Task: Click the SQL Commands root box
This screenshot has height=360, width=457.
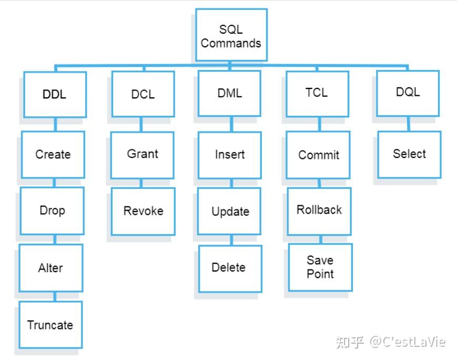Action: tap(231, 35)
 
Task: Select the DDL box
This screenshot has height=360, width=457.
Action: tap(55, 95)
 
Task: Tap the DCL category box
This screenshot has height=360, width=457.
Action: tap(143, 94)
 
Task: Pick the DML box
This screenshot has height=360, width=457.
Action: tap(229, 93)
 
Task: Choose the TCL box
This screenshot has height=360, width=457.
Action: tap(318, 94)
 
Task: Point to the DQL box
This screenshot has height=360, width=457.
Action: tap(408, 93)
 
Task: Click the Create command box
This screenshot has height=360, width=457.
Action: tap(53, 154)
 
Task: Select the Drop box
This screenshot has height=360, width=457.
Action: tap(52, 211)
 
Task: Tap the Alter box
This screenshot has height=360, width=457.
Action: tap(51, 268)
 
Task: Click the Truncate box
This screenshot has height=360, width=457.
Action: tap(50, 325)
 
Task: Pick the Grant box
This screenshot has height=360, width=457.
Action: tap(142, 155)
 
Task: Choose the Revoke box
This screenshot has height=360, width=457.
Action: tap(143, 211)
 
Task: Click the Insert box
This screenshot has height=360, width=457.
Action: tap(230, 155)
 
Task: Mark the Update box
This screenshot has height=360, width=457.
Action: tap(229, 211)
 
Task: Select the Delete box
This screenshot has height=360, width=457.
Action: tap(230, 269)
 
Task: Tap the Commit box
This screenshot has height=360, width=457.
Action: tap(318, 155)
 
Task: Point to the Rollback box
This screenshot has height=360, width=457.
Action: tap(319, 211)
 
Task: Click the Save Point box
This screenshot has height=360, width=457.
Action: tap(320, 267)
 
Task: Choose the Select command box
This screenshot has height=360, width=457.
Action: tap(409, 154)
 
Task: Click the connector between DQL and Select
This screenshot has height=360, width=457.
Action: tap(408, 124)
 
